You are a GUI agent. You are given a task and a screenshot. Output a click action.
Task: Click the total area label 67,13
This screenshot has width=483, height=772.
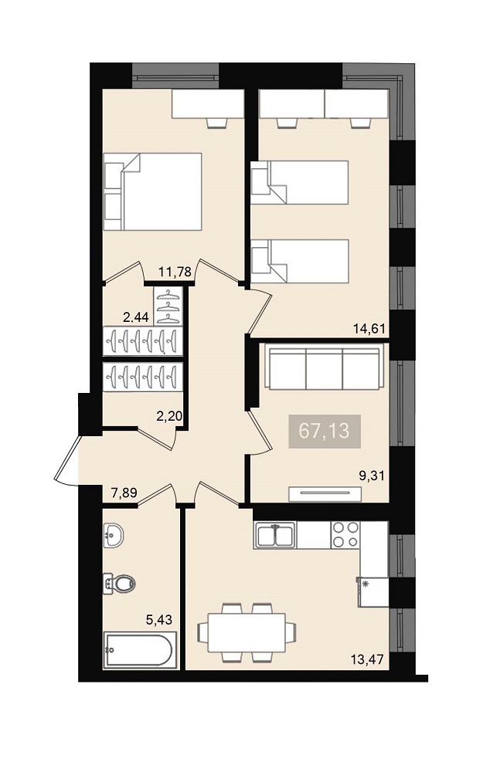coord(325,431)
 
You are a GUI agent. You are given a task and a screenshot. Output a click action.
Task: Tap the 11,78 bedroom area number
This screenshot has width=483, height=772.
coord(175,271)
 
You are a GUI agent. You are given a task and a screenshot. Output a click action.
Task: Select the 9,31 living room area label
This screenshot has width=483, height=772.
coord(372,476)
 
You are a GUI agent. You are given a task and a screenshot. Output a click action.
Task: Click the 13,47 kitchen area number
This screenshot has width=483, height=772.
coord(367,659)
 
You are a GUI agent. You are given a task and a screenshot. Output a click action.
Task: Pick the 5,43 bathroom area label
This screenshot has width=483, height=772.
coord(159,619)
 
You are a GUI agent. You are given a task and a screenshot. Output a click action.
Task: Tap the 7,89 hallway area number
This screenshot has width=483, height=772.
coord(124,493)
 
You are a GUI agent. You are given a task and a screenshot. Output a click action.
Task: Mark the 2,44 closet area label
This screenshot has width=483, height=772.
coord(135,317)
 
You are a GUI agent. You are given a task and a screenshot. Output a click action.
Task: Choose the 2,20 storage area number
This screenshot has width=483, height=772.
coord(169,417)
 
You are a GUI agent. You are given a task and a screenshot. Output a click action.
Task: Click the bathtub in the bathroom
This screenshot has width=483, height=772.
coord(138,651)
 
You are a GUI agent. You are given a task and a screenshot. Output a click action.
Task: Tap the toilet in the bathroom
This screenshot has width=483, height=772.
coord(119,584)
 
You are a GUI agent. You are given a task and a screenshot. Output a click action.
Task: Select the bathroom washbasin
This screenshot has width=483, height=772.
coord(114,535)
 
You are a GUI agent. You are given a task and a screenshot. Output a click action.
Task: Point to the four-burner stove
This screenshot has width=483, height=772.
coord(345,535)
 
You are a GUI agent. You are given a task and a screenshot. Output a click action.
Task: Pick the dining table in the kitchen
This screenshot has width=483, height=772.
coord(247,632)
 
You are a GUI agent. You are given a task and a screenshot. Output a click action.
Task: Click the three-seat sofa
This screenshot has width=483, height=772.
coord(325,367)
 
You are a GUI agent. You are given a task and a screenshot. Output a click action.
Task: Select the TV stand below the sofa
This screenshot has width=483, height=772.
coord(325,494)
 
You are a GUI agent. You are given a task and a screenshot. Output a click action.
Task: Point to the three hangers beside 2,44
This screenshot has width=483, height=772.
coord(169,305)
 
